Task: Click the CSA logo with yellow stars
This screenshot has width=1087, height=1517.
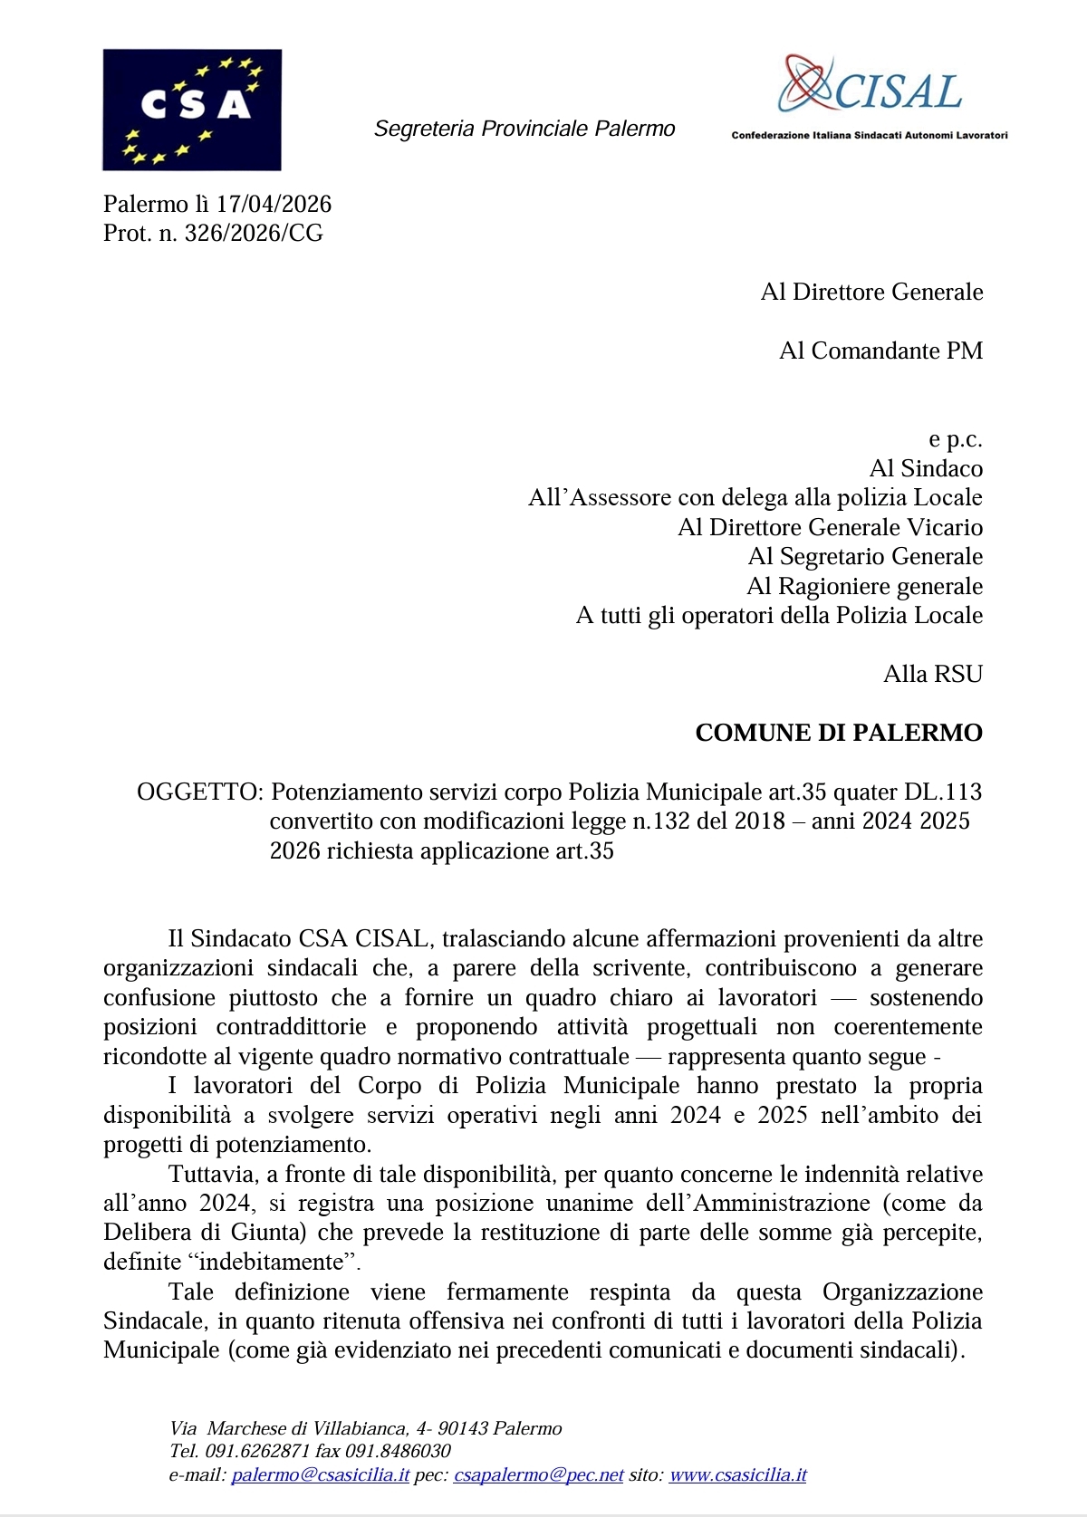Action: coord(192,110)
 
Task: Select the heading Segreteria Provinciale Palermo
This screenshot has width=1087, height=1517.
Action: coord(524,129)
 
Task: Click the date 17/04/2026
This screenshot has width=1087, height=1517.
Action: coord(274,204)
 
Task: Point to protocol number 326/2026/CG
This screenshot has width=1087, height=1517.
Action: coord(254,234)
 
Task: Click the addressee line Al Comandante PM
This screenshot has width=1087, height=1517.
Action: coord(880,350)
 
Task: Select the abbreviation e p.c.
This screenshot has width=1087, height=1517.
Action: coord(955,439)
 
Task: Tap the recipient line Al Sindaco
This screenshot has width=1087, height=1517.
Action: coord(926,468)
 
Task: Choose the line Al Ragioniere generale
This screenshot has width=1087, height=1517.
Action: coord(864,586)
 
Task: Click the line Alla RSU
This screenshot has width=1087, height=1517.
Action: coord(933,674)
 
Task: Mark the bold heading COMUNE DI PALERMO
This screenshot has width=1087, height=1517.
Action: coord(839,733)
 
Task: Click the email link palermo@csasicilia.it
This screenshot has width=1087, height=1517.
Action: coord(321,1475)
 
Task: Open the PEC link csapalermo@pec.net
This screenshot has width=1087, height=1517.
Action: coord(539,1475)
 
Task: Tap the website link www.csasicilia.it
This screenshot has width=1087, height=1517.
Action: coord(737,1475)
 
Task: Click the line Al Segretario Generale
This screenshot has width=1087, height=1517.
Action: coord(865,556)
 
